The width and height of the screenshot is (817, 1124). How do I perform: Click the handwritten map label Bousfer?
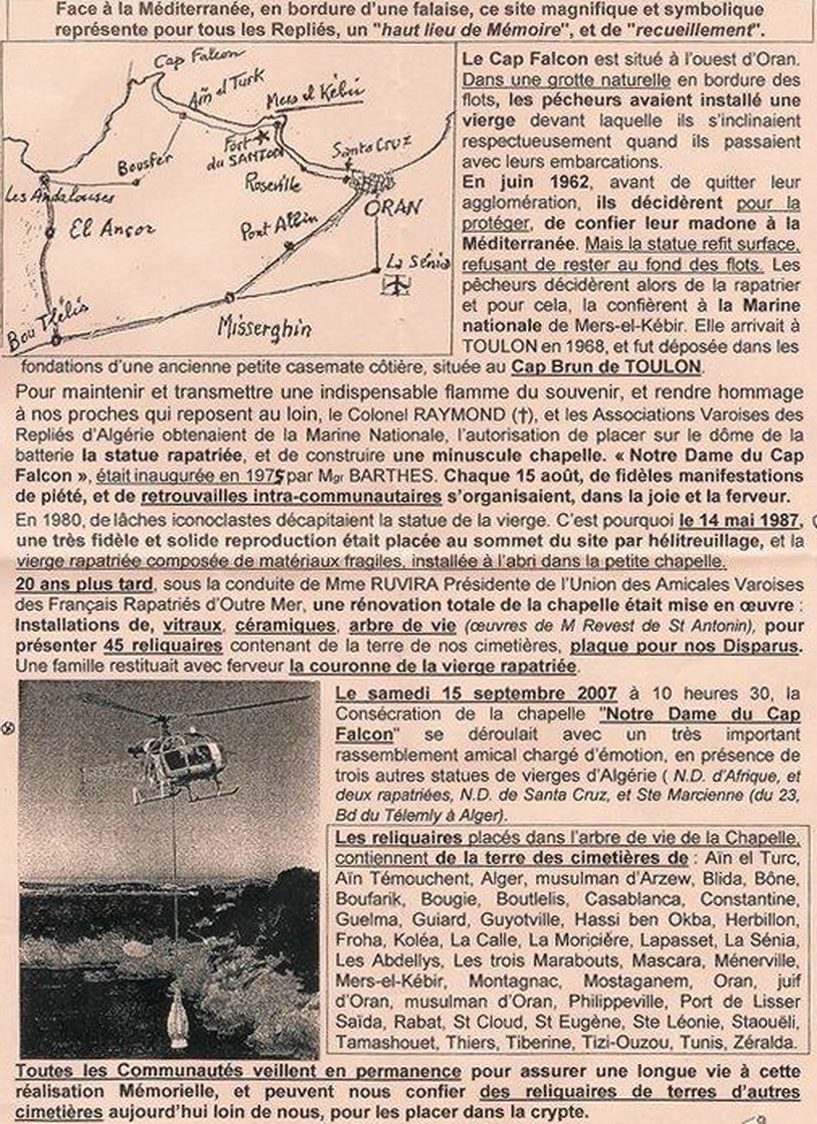pos(145,163)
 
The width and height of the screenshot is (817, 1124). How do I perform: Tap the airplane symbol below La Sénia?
pos(400,285)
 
